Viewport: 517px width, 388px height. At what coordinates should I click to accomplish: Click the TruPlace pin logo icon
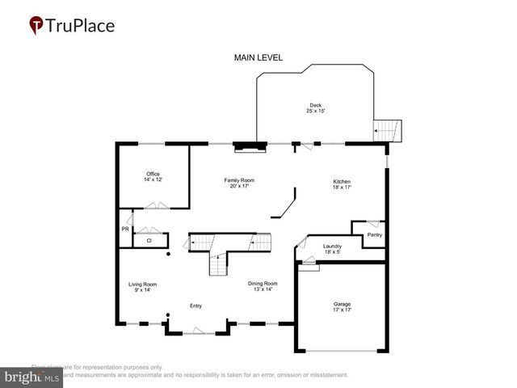(36, 25)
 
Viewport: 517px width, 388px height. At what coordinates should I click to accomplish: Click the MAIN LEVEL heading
(258, 58)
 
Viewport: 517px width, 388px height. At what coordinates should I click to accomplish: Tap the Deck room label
(315, 105)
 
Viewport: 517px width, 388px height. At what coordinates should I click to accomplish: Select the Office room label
(153, 174)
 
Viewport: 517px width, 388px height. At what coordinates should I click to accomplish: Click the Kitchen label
(343, 181)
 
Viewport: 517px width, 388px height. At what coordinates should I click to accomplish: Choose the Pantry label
(374, 234)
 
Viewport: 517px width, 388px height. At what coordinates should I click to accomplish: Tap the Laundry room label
(332, 247)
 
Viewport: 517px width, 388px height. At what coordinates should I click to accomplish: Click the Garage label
(342, 304)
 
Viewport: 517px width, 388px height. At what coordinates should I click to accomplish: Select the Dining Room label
(263, 283)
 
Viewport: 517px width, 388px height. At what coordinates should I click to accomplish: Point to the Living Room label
(142, 284)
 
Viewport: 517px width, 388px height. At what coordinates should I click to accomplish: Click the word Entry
(195, 306)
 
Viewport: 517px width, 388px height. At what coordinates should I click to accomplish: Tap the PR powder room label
(125, 229)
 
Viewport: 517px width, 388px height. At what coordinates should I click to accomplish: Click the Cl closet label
(149, 240)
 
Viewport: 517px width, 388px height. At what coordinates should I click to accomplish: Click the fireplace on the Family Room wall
(250, 146)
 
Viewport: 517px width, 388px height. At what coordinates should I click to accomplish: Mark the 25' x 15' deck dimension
(315, 111)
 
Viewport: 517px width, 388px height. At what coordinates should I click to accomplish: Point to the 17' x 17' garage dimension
(342, 310)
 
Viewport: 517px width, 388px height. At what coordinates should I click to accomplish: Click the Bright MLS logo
(32, 376)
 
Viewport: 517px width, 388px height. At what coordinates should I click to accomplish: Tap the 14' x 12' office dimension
(153, 179)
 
